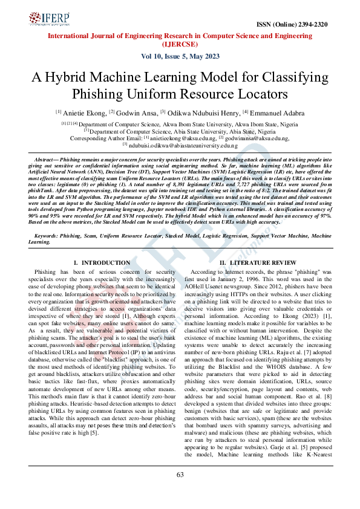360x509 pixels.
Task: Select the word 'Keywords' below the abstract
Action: (49, 235)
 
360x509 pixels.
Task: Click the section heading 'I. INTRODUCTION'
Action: (101, 263)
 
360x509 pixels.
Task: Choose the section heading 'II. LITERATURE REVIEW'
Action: (258, 263)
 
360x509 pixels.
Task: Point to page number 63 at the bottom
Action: (180, 475)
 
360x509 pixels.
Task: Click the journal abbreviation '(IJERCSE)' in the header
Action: (180, 44)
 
